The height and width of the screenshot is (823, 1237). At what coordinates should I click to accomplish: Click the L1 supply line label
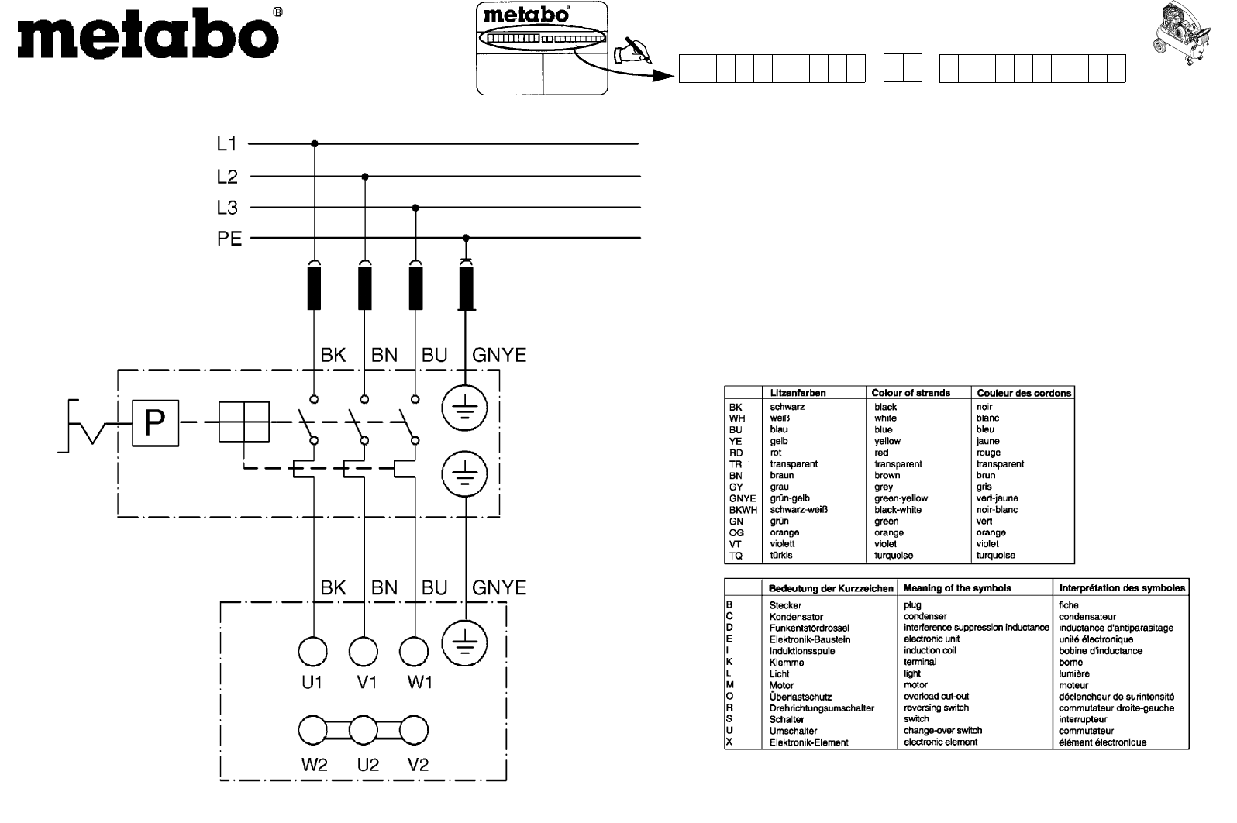(226, 144)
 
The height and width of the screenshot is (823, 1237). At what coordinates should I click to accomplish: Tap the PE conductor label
(229, 239)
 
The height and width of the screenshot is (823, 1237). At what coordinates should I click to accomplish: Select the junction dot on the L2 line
(365, 177)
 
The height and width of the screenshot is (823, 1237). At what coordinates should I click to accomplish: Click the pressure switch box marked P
(155, 423)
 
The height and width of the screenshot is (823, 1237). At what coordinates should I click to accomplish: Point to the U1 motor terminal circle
(313, 652)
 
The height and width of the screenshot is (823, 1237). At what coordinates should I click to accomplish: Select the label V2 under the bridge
(418, 765)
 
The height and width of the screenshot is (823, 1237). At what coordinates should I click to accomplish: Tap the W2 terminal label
(315, 765)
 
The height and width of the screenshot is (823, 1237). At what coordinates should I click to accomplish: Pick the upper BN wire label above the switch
(384, 356)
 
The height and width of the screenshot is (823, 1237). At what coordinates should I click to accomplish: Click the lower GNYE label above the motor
(499, 588)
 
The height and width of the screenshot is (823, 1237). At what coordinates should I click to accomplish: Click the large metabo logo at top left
(147, 36)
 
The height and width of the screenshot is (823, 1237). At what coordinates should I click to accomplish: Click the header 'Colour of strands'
(911, 393)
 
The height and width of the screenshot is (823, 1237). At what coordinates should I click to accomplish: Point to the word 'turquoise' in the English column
(894, 556)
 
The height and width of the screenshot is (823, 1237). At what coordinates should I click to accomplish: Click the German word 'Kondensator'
(796, 617)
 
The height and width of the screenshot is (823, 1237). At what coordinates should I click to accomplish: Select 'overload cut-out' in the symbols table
(936, 697)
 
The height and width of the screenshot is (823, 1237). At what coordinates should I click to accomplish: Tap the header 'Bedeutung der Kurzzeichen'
(831, 588)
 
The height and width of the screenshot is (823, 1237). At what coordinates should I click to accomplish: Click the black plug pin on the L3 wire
(416, 288)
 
